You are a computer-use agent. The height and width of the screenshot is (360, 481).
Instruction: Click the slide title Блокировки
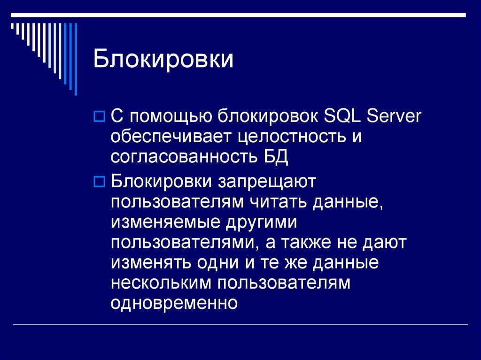pyautogui.click(x=163, y=60)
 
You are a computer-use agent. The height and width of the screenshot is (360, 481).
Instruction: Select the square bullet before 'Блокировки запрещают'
pyautogui.click(x=99, y=181)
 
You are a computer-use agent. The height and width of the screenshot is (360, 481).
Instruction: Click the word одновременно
pyautogui.click(x=175, y=304)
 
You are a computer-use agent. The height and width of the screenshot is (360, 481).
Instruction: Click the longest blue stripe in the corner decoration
pyautogui.click(x=76, y=59)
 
